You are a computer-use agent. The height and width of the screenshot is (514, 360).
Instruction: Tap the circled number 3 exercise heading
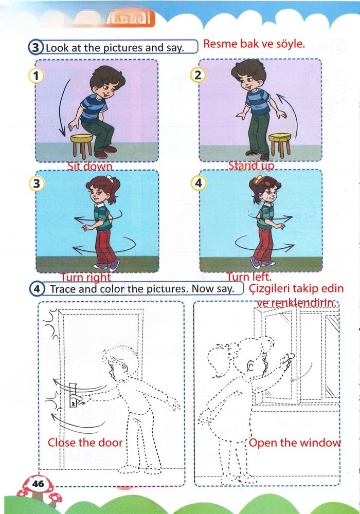pos(35,48)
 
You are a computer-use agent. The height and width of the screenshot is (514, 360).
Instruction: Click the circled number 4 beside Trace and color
pos(38,289)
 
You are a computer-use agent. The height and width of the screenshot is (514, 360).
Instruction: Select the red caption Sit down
pos(91,167)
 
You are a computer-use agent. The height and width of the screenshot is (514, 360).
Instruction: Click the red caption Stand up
pos(251,166)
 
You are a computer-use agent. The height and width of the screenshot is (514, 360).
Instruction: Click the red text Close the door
pos(85,443)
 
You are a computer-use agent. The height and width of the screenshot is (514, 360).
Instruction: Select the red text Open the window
pos(294,443)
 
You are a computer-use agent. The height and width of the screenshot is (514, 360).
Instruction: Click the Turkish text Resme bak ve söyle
pos(255,44)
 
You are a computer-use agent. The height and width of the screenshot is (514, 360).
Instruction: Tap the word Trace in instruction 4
pos(62,289)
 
